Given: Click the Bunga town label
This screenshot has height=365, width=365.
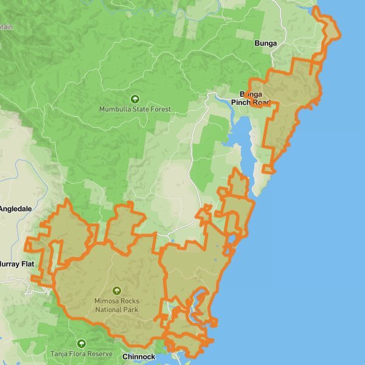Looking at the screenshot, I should click(266, 44).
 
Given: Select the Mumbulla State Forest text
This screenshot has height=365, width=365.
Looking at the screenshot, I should click(135, 109).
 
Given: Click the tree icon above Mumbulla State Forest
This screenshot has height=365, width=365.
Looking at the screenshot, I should click(135, 99).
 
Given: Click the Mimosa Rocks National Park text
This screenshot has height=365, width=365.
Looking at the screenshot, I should click(117, 305).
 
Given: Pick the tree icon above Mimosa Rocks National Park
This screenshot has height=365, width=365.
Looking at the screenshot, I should click(117, 291).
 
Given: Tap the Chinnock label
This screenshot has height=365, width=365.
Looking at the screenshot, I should click(139, 356).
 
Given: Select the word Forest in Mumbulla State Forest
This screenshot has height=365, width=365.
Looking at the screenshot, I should click(160, 109).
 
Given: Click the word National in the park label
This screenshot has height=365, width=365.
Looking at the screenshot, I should click(108, 310).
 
